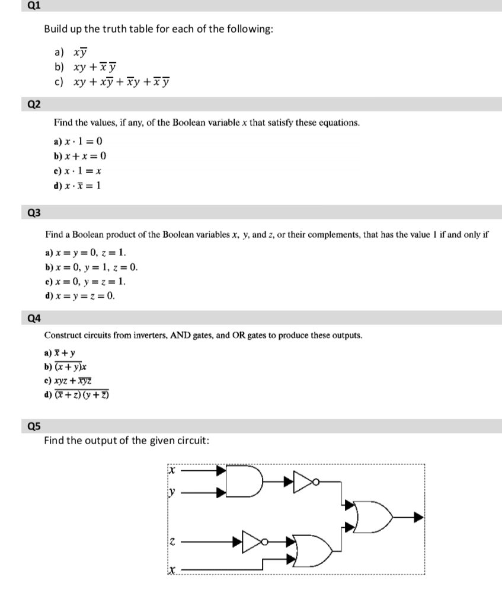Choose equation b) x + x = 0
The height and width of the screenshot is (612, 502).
pos(80,156)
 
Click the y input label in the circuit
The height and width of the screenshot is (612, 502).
pos(172,491)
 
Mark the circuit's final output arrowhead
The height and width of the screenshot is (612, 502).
pos(418,517)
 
